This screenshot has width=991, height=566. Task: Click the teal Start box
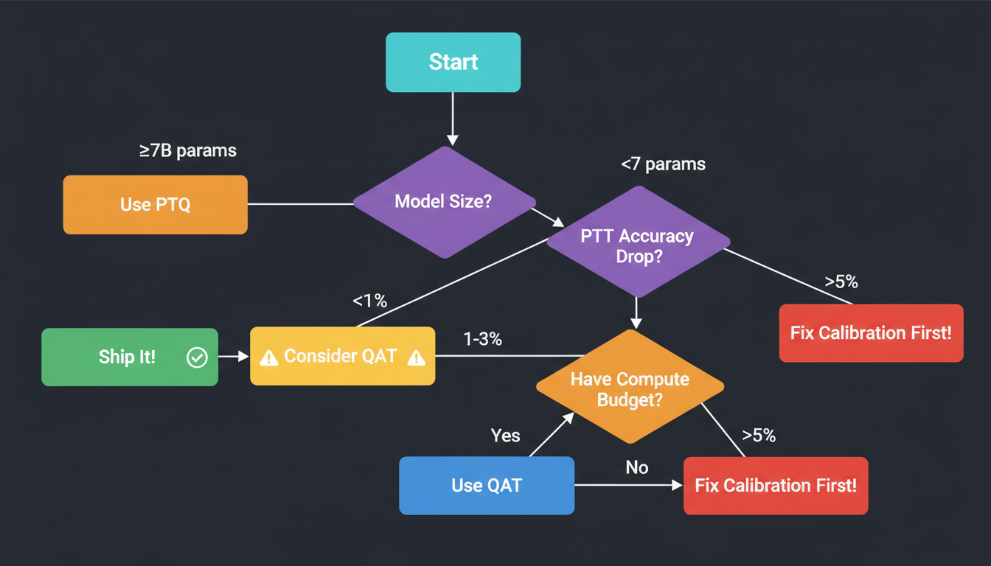click(453, 63)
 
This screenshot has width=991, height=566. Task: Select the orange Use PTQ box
click(155, 205)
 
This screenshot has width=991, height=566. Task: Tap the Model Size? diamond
click(443, 202)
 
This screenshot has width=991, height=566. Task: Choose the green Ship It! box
click(129, 357)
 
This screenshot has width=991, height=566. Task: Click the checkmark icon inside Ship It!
click(197, 357)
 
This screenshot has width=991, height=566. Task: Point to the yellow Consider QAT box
click(342, 356)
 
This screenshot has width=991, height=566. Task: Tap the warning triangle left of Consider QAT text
click(269, 357)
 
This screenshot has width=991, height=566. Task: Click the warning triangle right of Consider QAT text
click(416, 357)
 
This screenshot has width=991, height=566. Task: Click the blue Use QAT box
click(486, 486)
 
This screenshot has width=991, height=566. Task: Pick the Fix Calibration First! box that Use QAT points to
click(775, 486)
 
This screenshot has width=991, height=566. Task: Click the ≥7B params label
click(188, 151)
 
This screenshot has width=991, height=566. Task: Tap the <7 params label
click(663, 164)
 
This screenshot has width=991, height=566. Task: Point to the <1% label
click(369, 301)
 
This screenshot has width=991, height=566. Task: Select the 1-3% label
click(482, 340)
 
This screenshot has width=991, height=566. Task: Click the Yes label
click(505, 436)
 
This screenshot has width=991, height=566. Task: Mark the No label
click(636, 468)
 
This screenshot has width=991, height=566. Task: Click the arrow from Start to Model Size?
click(453, 118)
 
